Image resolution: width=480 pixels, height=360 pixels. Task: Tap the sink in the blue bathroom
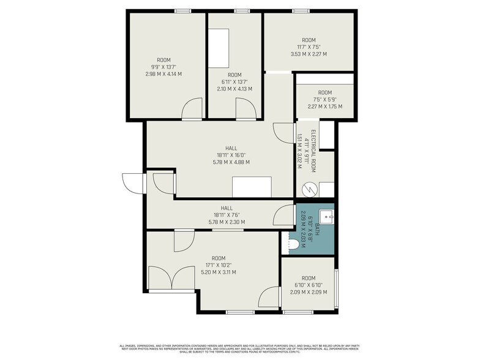click(326, 215)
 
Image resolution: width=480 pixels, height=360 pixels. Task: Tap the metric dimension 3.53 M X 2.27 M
click(308, 54)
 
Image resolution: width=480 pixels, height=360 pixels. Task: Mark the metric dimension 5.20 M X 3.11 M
click(219, 272)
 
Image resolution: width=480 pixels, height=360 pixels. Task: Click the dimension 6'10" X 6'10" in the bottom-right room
click(308, 284)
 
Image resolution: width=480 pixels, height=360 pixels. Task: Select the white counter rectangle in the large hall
click(252, 187)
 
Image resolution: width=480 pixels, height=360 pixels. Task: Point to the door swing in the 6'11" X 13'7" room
click(246, 110)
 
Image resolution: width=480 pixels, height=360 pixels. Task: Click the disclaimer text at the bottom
click(239, 347)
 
